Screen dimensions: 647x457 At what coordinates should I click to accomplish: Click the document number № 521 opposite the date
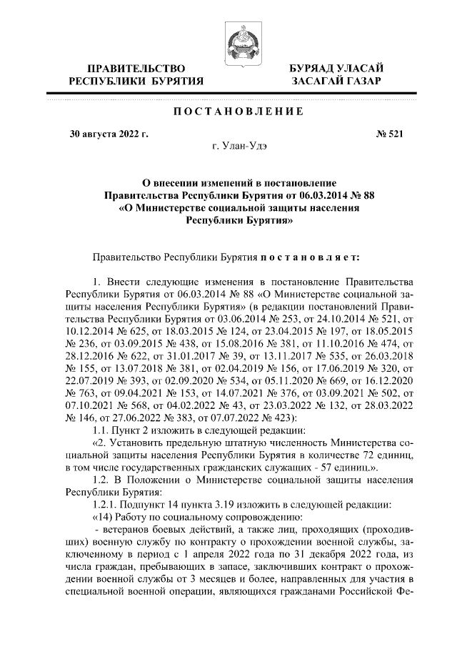pos(389,134)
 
